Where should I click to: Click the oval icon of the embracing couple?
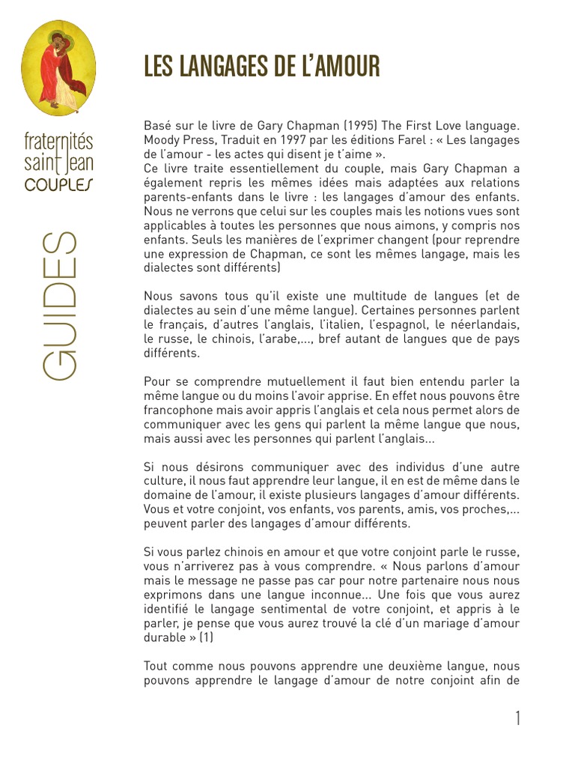(58, 68)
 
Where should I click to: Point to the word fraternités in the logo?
(59, 140)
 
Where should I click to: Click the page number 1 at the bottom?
(517, 718)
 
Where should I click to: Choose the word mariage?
(444, 623)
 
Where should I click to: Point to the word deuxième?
(410, 666)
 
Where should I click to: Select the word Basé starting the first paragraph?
(157, 127)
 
